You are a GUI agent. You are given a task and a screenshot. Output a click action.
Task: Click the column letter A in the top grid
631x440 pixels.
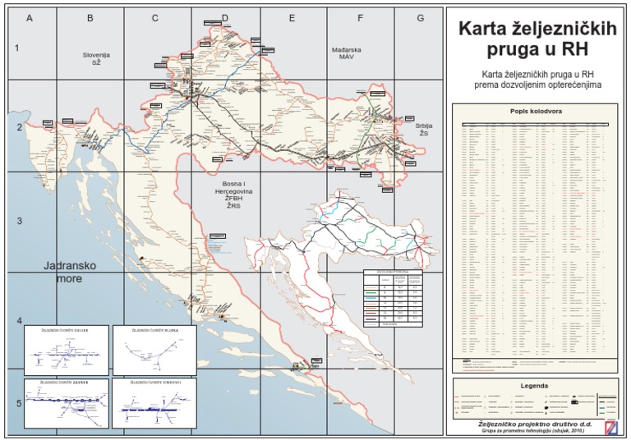point(30,17)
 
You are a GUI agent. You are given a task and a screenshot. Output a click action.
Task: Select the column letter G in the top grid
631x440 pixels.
point(420,17)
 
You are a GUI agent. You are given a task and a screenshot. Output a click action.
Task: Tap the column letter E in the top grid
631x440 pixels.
point(292,17)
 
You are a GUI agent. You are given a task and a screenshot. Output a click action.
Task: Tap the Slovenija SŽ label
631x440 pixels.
point(96,58)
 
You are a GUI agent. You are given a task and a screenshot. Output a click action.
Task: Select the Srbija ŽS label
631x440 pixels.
point(424,129)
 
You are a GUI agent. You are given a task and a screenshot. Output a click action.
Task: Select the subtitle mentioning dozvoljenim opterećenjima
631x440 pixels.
point(536,79)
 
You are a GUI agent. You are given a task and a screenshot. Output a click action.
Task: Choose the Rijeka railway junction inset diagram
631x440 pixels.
point(154,351)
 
